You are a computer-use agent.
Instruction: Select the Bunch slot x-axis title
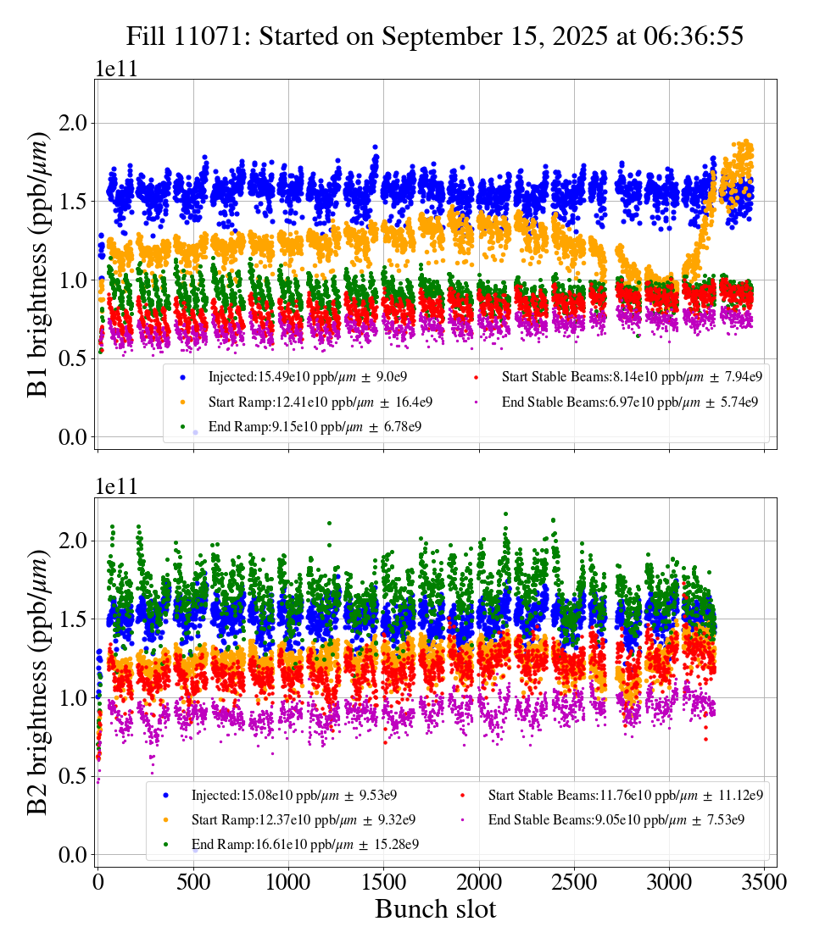435,910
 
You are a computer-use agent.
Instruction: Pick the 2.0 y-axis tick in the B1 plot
75,123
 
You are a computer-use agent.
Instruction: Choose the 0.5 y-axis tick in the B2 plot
75,776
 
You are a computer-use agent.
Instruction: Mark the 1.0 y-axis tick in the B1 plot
75,280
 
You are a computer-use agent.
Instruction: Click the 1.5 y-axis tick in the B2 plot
75,619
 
